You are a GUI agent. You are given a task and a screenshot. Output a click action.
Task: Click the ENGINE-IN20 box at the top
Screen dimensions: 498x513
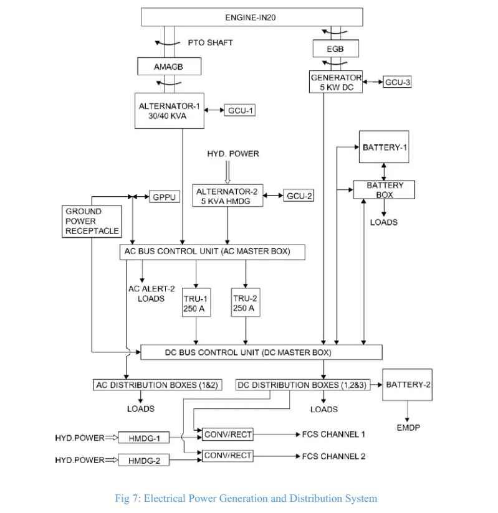(252, 17)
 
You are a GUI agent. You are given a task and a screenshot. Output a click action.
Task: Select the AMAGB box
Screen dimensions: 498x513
(169, 67)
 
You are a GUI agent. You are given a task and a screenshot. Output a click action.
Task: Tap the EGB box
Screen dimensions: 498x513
(335, 49)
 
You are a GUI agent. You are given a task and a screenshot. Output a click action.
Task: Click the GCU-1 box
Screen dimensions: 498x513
(240, 110)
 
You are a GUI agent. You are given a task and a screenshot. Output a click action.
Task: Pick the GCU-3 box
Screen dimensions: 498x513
(397, 82)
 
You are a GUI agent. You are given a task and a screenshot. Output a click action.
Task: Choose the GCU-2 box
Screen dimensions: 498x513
(299, 195)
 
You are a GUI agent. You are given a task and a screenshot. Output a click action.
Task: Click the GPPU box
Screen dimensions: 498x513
(165, 197)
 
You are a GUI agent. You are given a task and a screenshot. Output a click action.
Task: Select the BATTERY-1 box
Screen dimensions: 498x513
(384, 147)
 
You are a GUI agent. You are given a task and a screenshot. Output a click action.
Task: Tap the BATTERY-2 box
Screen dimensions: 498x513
(407, 385)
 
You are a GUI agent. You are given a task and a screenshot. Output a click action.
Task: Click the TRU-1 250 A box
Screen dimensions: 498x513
(196, 303)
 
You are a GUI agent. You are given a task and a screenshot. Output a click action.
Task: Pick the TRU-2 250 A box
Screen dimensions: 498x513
(246, 303)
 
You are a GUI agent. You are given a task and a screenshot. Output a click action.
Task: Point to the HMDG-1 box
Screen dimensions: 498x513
(144, 438)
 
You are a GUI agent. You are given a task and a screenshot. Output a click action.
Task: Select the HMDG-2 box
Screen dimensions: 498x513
(144, 460)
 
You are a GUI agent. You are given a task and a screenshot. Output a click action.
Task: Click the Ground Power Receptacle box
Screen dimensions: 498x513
(92, 221)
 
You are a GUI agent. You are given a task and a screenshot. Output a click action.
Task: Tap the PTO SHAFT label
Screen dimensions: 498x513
(210, 42)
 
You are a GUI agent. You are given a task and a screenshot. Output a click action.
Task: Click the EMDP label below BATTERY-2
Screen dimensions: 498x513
(408, 428)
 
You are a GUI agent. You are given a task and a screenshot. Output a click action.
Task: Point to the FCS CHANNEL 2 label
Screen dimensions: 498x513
(333, 456)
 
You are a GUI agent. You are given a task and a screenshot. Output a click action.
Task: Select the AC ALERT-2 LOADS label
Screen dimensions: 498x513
(151, 293)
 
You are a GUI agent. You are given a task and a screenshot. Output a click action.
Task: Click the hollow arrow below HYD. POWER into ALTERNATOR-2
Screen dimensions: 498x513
(227, 172)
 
